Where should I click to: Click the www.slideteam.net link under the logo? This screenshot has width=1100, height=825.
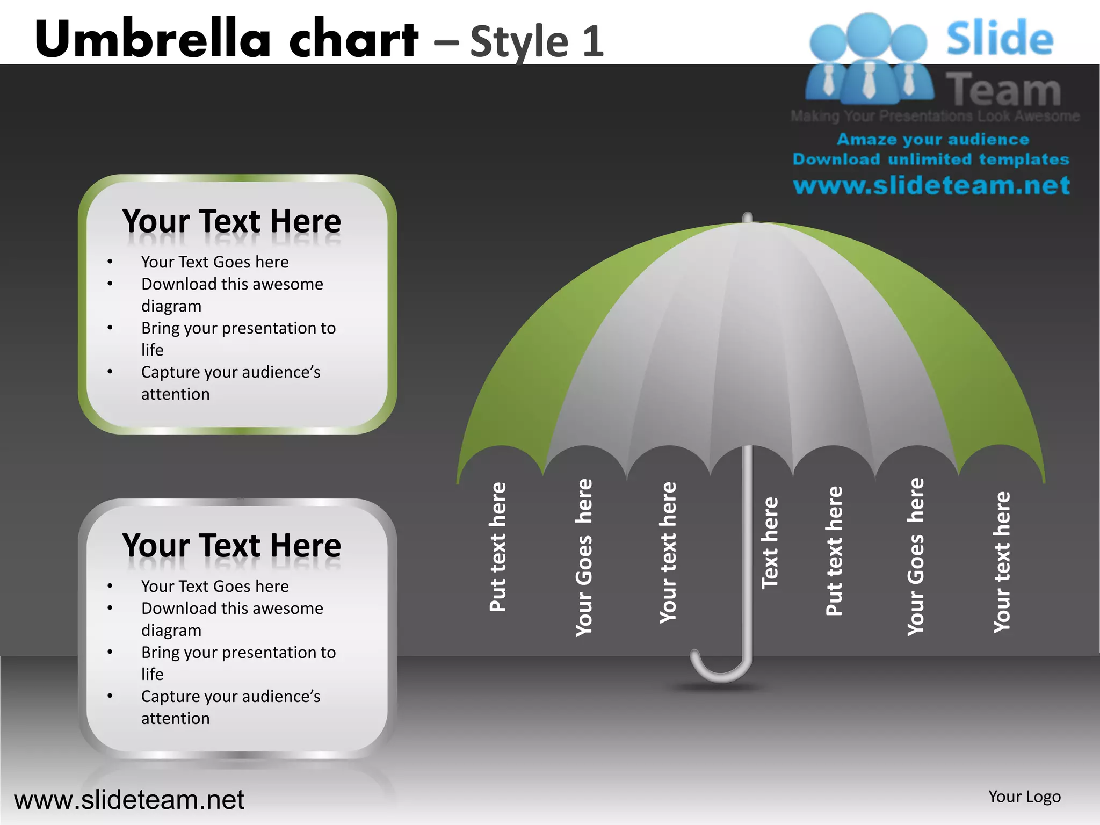pyautogui.click(x=931, y=186)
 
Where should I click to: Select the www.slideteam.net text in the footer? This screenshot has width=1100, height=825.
pyautogui.click(x=129, y=800)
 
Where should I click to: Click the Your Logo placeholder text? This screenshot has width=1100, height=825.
pyautogui.click(x=1024, y=797)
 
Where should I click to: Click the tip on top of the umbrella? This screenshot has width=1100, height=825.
pyautogui.click(x=747, y=217)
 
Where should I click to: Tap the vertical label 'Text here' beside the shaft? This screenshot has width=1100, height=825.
pyautogui.click(x=770, y=543)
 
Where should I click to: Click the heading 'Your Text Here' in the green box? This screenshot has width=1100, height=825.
pyautogui.click(x=231, y=221)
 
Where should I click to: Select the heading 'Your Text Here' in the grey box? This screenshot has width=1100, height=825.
pyautogui.click(x=231, y=546)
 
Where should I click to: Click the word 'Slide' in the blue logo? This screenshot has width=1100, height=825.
pyautogui.click(x=1000, y=39)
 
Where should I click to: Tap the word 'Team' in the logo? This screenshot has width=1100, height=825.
pyautogui.click(x=1003, y=90)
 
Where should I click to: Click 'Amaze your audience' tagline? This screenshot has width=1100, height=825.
pyautogui.click(x=933, y=140)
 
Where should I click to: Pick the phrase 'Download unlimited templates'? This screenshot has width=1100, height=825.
pyautogui.click(x=931, y=160)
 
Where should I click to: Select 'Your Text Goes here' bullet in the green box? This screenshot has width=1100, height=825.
pyautogui.click(x=215, y=262)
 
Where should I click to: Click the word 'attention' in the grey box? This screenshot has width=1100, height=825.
pyautogui.click(x=175, y=718)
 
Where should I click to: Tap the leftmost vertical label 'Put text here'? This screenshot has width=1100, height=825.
pyautogui.click(x=498, y=547)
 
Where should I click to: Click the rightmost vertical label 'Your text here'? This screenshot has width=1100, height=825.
pyautogui.click(x=1002, y=562)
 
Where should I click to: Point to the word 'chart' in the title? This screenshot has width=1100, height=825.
pyautogui.click(x=353, y=39)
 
